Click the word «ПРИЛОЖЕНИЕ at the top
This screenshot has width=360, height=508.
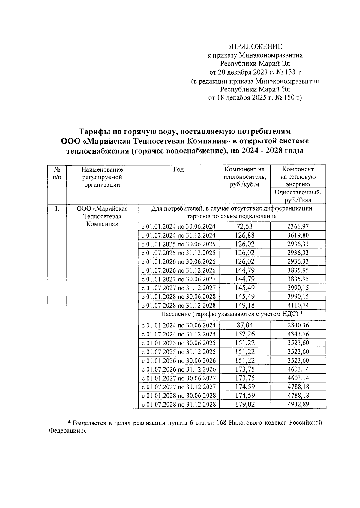pyautogui.click(x=255, y=46)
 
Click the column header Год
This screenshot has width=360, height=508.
pyautogui.click(x=178, y=169)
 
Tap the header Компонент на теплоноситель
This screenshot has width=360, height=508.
pyautogui.click(x=244, y=177)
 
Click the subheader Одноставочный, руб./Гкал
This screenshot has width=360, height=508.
pyautogui.click(x=298, y=196)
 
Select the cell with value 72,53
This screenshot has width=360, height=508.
pyautogui.click(x=244, y=226)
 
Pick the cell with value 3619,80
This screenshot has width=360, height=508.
pyautogui.click(x=298, y=235)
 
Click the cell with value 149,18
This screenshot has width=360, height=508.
pyautogui.click(x=244, y=306)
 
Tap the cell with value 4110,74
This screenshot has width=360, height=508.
pyautogui.click(x=298, y=306)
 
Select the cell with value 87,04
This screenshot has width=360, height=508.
pyautogui.click(x=244, y=325)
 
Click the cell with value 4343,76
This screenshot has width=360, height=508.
pyautogui.click(x=298, y=334)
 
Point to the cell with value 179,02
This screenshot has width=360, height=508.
pyautogui.click(x=244, y=405)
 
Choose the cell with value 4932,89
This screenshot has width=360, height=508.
pyautogui.click(x=298, y=405)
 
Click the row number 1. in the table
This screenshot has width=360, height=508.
pyautogui.click(x=57, y=208)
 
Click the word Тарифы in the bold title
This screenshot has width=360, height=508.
pyautogui.click(x=93, y=132)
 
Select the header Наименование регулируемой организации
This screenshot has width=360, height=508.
pyautogui.click(x=102, y=177)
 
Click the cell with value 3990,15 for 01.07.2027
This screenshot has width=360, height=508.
pyautogui.click(x=298, y=288)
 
